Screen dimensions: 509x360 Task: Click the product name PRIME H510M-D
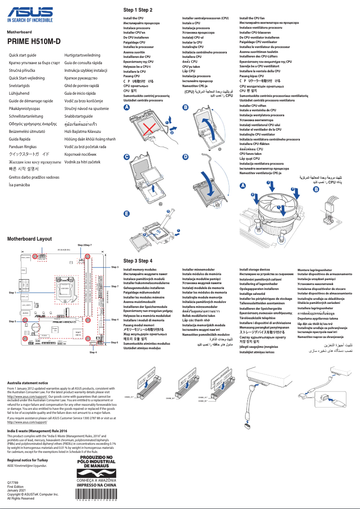[x=34, y=42]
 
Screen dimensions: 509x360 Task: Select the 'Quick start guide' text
[x=23, y=55]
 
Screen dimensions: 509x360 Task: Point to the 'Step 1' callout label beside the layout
[x=12, y=292]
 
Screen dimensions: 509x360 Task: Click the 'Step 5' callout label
[x=12, y=321]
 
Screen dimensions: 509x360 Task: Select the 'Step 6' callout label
[x=114, y=342]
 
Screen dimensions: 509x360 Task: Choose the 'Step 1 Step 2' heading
[x=138, y=10]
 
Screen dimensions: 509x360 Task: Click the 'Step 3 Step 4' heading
[x=138, y=261]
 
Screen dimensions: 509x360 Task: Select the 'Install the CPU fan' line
[x=252, y=18]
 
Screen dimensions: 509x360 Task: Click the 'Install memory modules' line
[x=140, y=269]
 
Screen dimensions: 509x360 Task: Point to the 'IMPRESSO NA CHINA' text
[x=97, y=485]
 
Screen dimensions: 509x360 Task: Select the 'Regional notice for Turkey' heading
[x=29, y=461]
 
